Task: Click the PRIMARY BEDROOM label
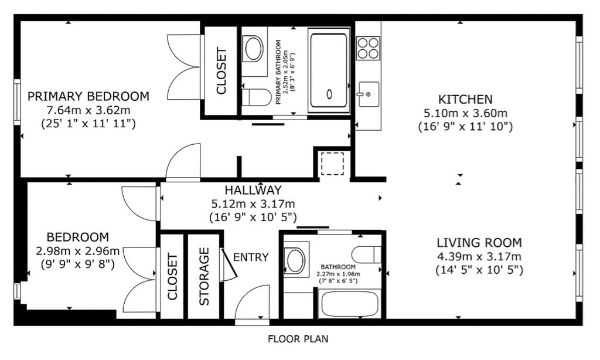click(x=88, y=96)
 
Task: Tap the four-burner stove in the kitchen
click(x=368, y=48)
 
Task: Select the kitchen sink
click(x=369, y=94)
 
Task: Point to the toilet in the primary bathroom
click(x=257, y=97)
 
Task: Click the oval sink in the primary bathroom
click(x=253, y=49)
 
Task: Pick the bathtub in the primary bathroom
click(x=329, y=70)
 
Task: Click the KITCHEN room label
click(x=465, y=100)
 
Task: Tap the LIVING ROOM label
click(x=479, y=243)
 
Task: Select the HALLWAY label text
click(x=253, y=191)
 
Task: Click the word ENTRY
click(x=251, y=257)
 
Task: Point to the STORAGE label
click(x=204, y=276)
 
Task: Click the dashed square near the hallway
click(x=332, y=164)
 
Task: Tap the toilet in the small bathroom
click(x=366, y=254)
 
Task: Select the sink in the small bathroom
click(x=296, y=260)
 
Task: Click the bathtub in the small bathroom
click(x=350, y=304)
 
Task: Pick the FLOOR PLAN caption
click(x=298, y=339)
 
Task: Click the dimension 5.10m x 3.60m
click(x=465, y=113)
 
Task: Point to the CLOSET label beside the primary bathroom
click(x=221, y=71)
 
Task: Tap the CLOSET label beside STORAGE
click(x=173, y=276)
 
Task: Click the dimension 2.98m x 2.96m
click(x=78, y=251)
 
